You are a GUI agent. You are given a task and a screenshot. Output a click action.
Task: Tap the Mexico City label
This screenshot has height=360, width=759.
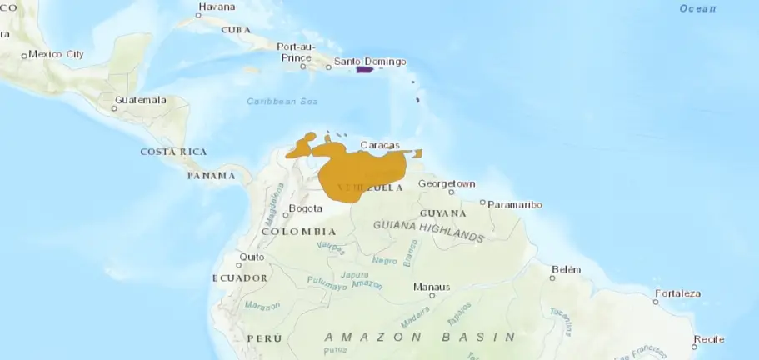pos(56,54)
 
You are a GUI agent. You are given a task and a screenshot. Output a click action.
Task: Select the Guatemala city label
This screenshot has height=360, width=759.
pos(141,100)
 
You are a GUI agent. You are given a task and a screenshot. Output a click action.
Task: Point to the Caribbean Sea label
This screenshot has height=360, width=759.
pos(283,102)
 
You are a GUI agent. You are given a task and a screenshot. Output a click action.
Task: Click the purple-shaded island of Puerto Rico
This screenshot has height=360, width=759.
pos(363,70)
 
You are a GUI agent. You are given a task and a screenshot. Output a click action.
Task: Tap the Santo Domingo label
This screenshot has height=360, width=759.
pos(370,62)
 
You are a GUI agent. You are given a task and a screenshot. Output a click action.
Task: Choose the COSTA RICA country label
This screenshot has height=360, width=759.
pos(173,152)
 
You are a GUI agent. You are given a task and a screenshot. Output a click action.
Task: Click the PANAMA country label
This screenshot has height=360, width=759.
pos(211,176)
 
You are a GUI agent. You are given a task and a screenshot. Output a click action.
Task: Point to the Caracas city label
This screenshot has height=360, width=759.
pos(380,145)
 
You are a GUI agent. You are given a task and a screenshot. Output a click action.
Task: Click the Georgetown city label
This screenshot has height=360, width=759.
pos(447,183)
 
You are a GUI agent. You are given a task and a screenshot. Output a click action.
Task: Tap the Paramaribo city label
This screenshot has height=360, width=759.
pos(515,204)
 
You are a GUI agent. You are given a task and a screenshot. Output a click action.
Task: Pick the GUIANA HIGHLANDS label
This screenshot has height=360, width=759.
pos(429,231)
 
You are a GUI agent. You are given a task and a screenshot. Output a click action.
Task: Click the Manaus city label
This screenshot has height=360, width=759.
pos(432,287)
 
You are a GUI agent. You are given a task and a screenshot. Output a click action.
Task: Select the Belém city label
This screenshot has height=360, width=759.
pos(566,269)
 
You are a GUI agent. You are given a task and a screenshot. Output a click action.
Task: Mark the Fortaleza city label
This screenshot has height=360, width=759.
pos(677,293)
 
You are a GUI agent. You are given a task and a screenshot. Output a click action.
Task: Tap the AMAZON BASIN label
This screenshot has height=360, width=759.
pos(421,337)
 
